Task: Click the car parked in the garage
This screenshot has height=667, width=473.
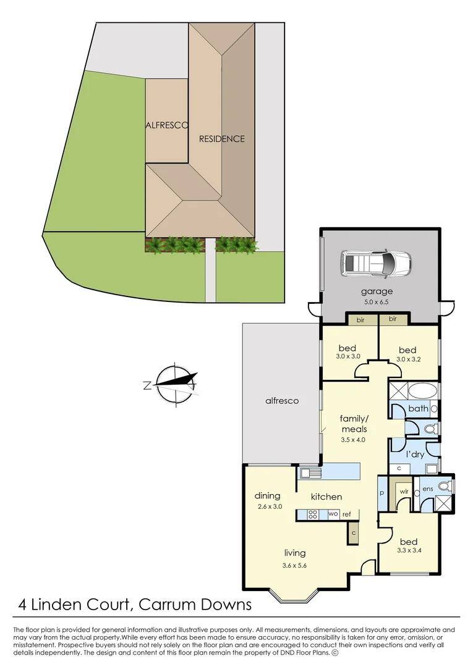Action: coord(375,264)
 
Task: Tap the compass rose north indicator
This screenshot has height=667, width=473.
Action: coord(148,386)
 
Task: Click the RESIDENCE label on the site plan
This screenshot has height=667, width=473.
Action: coord(222,139)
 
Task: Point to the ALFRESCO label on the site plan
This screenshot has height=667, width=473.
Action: coord(166,125)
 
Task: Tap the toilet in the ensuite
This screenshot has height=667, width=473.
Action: coord(445,485)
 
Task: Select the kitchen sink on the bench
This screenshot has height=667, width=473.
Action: coord(310,472)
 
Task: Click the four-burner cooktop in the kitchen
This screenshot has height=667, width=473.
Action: coord(313,514)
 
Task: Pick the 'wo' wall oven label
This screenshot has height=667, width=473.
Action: coord(333,513)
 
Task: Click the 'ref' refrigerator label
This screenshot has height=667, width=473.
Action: coord(346,514)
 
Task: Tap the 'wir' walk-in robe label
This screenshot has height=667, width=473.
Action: coord(404,492)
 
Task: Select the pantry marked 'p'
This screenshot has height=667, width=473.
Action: coord(382,493)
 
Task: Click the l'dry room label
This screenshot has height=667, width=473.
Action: coord(415,455)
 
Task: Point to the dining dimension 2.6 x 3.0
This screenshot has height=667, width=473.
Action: coord(270,506)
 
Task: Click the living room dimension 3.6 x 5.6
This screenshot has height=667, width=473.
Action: coord(294,565)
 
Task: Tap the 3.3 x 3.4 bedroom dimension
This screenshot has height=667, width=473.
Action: coord(409,550)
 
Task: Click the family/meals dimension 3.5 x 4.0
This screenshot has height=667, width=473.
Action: coord(353,440)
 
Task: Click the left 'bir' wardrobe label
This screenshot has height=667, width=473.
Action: coord(360,319)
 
